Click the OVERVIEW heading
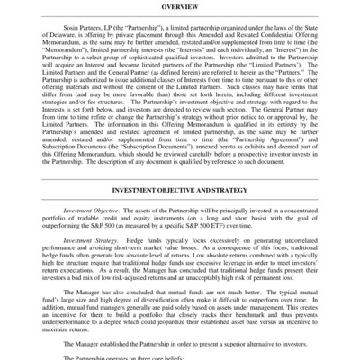181,6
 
